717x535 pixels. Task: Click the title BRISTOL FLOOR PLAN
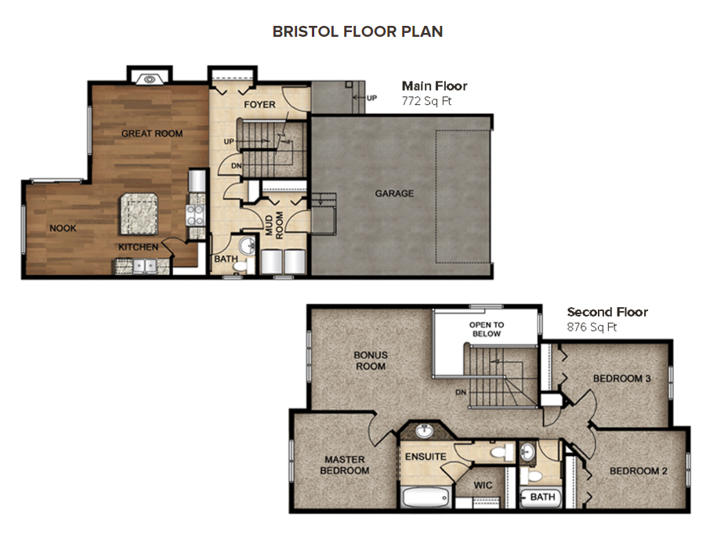coord(357,31)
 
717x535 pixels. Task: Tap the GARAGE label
coord(394,193)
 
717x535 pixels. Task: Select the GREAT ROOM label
coord(152,134)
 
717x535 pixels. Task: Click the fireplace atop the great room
coord(147,78)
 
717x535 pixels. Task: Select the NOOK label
coord(63,229)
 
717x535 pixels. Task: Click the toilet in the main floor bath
coord(240,266)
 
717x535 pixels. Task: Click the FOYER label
coord(259,105)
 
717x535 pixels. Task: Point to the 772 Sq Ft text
coord(427,101)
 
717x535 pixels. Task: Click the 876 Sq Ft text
coord(592,327)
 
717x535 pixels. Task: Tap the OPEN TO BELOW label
coord(487,329)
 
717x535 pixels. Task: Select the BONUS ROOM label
coord(371,360)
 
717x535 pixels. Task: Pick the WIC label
coord(483,486)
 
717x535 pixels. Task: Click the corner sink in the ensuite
coord(424,431)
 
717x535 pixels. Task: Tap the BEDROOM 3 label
coord(622,379)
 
